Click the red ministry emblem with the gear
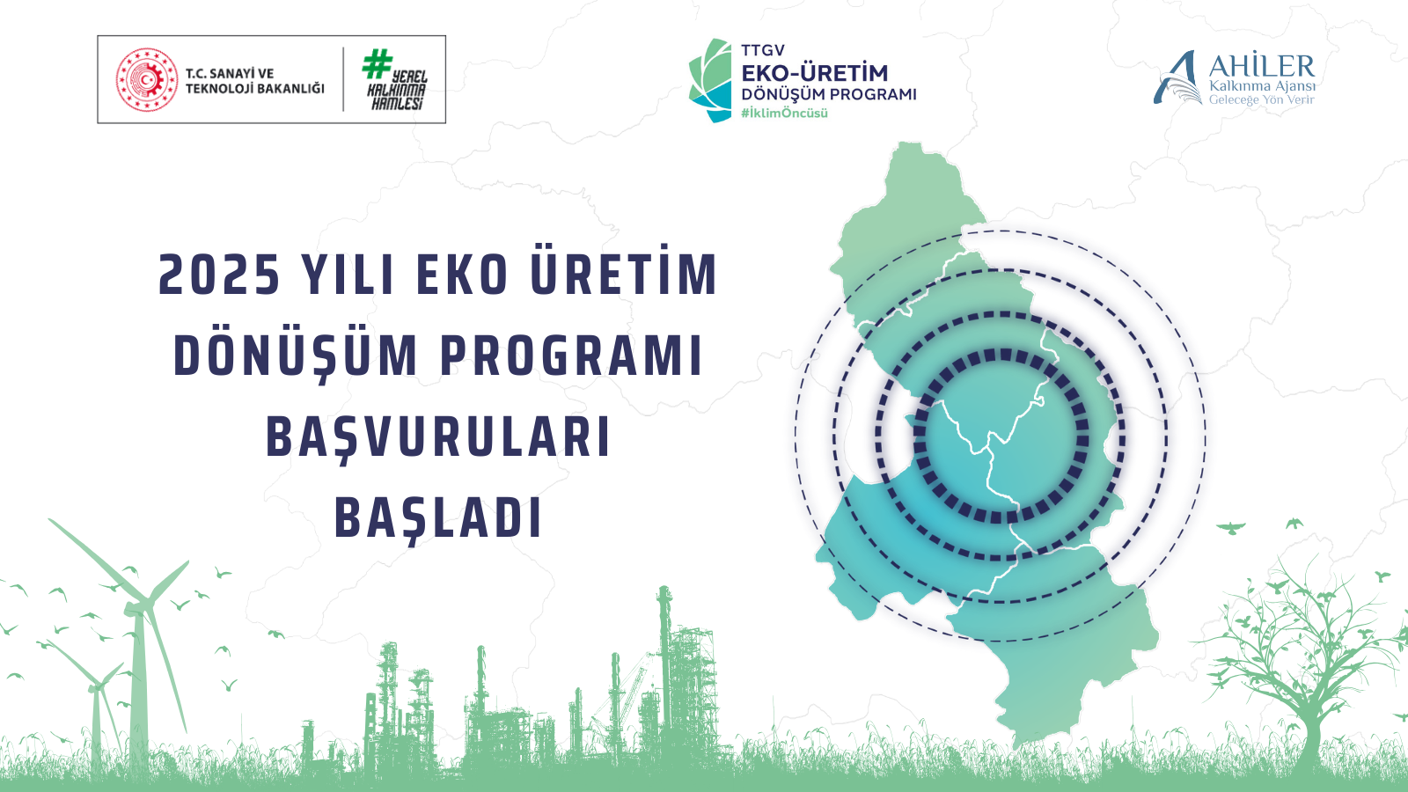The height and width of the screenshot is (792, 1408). [x=146, y=80]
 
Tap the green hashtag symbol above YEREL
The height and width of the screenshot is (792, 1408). [x=377, y=64]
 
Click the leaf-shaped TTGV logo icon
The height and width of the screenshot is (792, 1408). [x=710, y=80]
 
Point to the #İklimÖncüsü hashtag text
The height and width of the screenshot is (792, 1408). [x=784, y=114]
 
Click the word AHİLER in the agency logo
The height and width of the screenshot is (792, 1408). [x=1262, y=66]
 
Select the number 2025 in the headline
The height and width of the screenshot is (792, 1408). [x=219, y=275]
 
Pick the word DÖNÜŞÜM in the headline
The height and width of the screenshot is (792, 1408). [x=296, y=356]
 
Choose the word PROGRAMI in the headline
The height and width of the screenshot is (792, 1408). [x=571, y=356]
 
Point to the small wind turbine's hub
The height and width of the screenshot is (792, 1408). [x=96, y=687]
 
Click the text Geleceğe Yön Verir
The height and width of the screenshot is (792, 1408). [x=1262, y=99]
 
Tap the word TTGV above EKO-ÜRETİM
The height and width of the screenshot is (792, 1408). [x=762, y=50]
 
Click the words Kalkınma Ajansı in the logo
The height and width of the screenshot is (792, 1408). [x=1262, y=86]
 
